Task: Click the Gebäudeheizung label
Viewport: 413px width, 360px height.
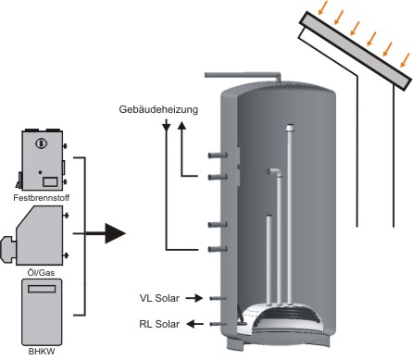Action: coord(158,110)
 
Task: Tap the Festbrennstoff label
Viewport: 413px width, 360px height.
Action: coord(42,198)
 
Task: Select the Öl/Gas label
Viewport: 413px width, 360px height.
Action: coord(41,273)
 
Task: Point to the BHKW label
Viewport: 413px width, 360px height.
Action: coord(42,351)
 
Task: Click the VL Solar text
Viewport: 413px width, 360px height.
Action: coord(159,298)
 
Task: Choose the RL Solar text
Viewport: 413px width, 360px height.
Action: coord(159,324)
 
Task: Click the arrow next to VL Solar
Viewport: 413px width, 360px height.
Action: coord(194,298)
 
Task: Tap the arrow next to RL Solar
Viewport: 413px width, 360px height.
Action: coord(195,324)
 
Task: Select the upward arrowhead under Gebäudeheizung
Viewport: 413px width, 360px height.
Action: coord(181,125)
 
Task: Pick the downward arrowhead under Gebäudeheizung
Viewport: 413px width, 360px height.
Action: coord(167,126)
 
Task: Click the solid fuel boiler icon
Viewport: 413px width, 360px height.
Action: coord(42,160)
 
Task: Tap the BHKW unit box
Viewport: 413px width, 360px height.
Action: coord(42,312)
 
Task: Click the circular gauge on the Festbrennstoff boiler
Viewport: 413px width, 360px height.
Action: coord(41,143)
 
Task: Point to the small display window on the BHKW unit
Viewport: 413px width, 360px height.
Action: coord(42,289)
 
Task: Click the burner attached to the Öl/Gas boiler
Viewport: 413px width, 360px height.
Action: coord(8,250)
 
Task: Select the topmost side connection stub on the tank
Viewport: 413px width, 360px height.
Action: coord(218,155)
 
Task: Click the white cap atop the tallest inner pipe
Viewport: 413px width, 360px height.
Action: coord(290,128)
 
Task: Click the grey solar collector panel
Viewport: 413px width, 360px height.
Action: coord(356,51)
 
